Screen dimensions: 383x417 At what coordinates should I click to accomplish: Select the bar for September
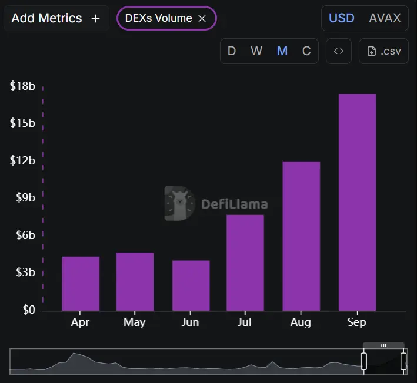pos(357,202)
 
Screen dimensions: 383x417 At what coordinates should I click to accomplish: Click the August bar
pos(301,236)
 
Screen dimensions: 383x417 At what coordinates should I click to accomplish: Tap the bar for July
pos(245,263)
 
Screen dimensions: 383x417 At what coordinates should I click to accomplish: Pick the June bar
pos(191,285)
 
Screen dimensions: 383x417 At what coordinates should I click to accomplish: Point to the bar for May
pos(135,281)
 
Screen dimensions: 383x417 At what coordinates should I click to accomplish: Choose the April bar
pos(81,283)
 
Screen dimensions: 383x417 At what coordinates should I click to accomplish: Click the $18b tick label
pos(22,86)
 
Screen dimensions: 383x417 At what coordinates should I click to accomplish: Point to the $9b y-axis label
pos(25,198)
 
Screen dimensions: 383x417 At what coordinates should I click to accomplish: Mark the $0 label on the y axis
pos(29,310)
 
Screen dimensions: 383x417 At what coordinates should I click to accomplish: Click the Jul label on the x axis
pos(245,322)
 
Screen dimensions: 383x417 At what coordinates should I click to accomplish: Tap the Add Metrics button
pos(56,18)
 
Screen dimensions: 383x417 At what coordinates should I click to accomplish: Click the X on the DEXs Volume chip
pos(202,18)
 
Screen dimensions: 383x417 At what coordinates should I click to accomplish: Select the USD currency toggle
pos(341,18)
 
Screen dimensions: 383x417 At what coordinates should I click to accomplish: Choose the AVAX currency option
pos(385,18)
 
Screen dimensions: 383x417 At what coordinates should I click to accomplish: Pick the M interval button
pos(282,51)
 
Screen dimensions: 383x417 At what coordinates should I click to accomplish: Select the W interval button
pos(256,51)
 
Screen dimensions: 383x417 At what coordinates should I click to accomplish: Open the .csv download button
pos(383,51)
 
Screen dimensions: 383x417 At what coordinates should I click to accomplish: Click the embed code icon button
pos(339,51)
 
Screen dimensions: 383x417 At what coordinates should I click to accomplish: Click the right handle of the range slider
pos(403,361)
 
